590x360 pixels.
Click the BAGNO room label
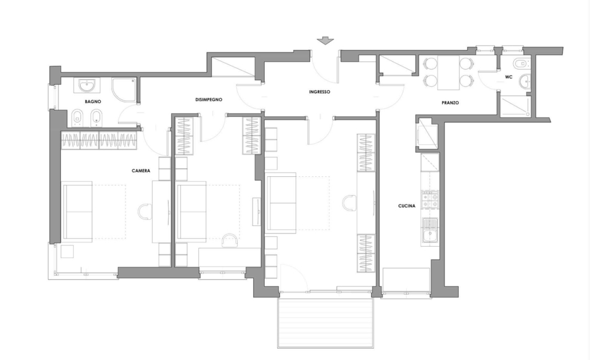click(x=93, y=101)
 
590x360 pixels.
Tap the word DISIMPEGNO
click(x=209, y=100)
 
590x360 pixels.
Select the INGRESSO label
click(x=320, y=92)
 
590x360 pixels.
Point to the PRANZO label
click(x=450, y=102)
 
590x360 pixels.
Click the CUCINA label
click(x=407, y=206)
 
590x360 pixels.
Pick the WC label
click(x=509, y=77)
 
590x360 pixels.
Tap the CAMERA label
click(x=141, y=171)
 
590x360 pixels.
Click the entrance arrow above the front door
click(x=325, y=41)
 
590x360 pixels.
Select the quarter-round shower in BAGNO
click(x=124, y=90)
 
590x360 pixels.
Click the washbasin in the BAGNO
click(x=87, y=85)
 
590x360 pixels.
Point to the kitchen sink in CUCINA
click(x=430, y=231)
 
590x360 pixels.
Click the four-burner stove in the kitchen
click(x=430, y=200)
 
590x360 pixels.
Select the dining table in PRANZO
click(x=448, y=73)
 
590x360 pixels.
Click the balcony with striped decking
click(x=326, y=323)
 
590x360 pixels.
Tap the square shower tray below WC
click(x=515, y=105)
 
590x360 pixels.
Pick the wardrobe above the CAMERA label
click(x=99, y=140)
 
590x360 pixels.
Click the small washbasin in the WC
click(x=524, y=81)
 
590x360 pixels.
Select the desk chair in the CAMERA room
click(x=145, y=211)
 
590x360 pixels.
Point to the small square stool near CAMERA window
click(x=68, y=251)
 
